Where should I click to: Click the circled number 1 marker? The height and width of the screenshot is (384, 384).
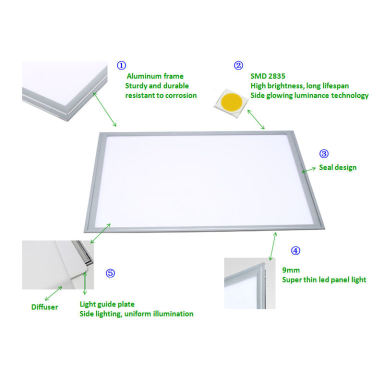coord(120,65)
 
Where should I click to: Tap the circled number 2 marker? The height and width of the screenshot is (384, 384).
coord(238,65)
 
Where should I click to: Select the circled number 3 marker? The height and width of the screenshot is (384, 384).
coord(323,153)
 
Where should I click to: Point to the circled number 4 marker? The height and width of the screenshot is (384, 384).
coord(296,250)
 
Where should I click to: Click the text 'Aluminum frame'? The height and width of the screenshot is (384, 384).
coord(154,76)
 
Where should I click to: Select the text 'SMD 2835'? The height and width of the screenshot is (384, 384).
coord(266,76)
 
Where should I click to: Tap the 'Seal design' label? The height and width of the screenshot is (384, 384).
coord(337,167)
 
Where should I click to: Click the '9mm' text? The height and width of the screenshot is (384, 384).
coord(291,270)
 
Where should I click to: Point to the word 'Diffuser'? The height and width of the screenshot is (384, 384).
coord(44,307)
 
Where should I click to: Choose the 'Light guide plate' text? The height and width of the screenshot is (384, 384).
coord(107,304)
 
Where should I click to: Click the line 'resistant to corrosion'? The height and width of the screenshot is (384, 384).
coord(160,95)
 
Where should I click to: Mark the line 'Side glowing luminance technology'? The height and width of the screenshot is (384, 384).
coord(309,95)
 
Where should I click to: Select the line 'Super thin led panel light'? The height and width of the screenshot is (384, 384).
coord(324,279)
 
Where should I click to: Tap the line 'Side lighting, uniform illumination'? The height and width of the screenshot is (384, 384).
coord(136,313)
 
